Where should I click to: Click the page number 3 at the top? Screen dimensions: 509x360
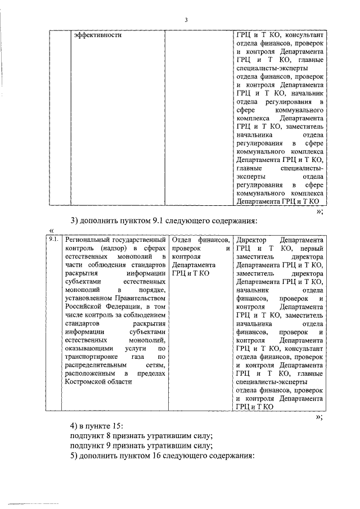coord(186,21)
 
